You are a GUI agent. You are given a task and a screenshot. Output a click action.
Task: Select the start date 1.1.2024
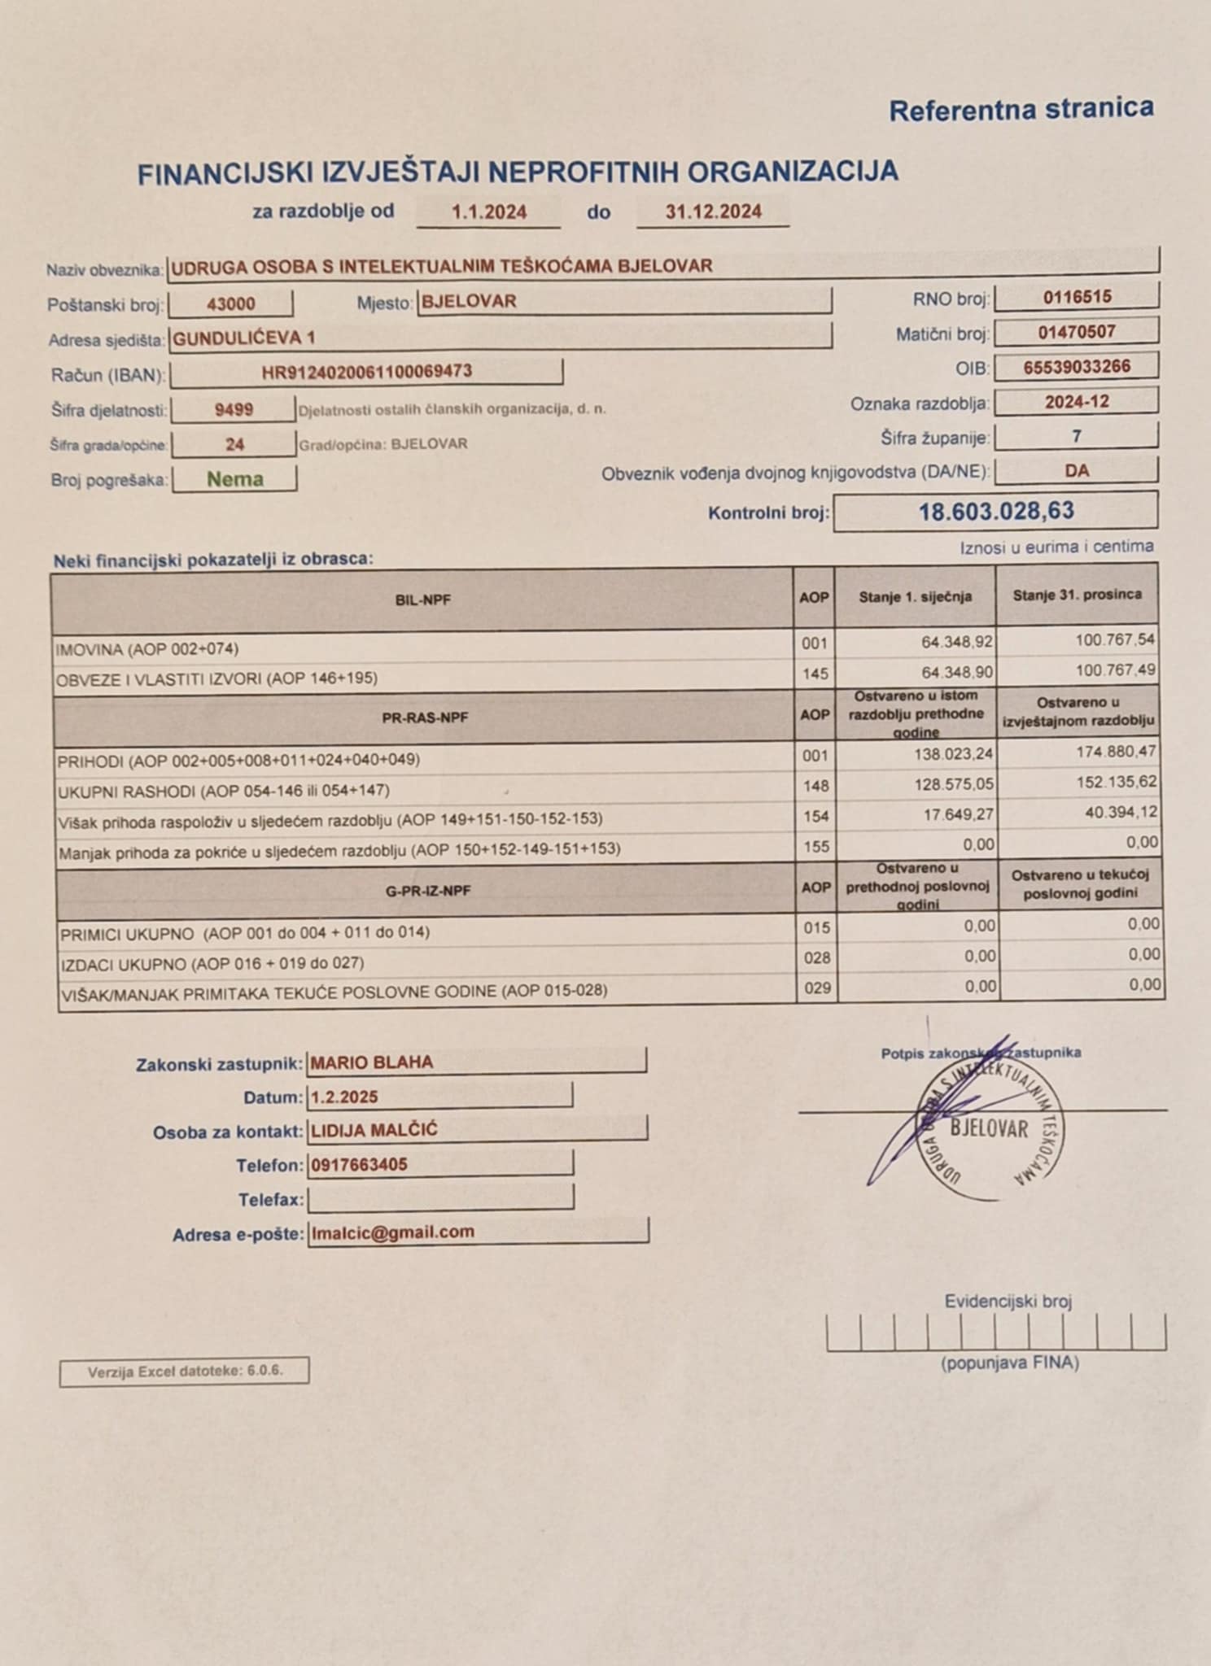pyautogui.click(x=489, y=212)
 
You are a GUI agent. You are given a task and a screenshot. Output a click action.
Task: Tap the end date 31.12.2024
pyautogui.click(x=713, y=212)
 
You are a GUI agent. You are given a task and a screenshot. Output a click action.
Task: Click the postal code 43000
pyautogui.click(x=231, y=304)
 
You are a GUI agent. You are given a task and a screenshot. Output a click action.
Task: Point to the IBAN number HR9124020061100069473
pyautogui.click(x=367, y=373)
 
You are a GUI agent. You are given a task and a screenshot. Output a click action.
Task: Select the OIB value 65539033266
pyautogui.click(x=1077, y=367)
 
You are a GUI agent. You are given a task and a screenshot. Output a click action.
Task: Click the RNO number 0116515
pyautogui.click(x=1077, y=297)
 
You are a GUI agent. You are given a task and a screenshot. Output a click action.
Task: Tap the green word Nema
pyautogui.click(x=234, y=479)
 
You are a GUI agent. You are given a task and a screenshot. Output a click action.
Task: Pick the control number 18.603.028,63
pyautogui.click(x=996, y=512)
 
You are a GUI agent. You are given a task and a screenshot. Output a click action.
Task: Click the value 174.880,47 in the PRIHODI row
pyautogui.click(x=1116, y=752)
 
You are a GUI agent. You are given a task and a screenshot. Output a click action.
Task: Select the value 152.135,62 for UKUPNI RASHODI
pyautogui.click(x=1116, y=783)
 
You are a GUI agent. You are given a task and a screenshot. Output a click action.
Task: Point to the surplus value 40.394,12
pyautogui.click(x=1121, y=813)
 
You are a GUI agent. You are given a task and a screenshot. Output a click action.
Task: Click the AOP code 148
pyautogui.click(x=815, y=786)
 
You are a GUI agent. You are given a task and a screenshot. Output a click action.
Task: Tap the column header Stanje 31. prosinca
pyautogui.click(x=1077, y=595)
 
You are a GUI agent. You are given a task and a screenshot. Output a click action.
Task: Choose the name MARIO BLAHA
pyautogui.click(x=371, y=1062)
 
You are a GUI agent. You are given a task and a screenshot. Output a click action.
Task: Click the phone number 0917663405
pyautogui.click(x=359, y=1165)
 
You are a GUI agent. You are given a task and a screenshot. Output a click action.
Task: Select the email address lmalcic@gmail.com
pyautogui.click(x=392, y=1232)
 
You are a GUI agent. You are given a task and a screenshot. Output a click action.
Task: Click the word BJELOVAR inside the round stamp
pyautogui.click(x=989, y=1128)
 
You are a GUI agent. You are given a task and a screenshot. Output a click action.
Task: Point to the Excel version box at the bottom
pyautogui.click(x=184, y=1372)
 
